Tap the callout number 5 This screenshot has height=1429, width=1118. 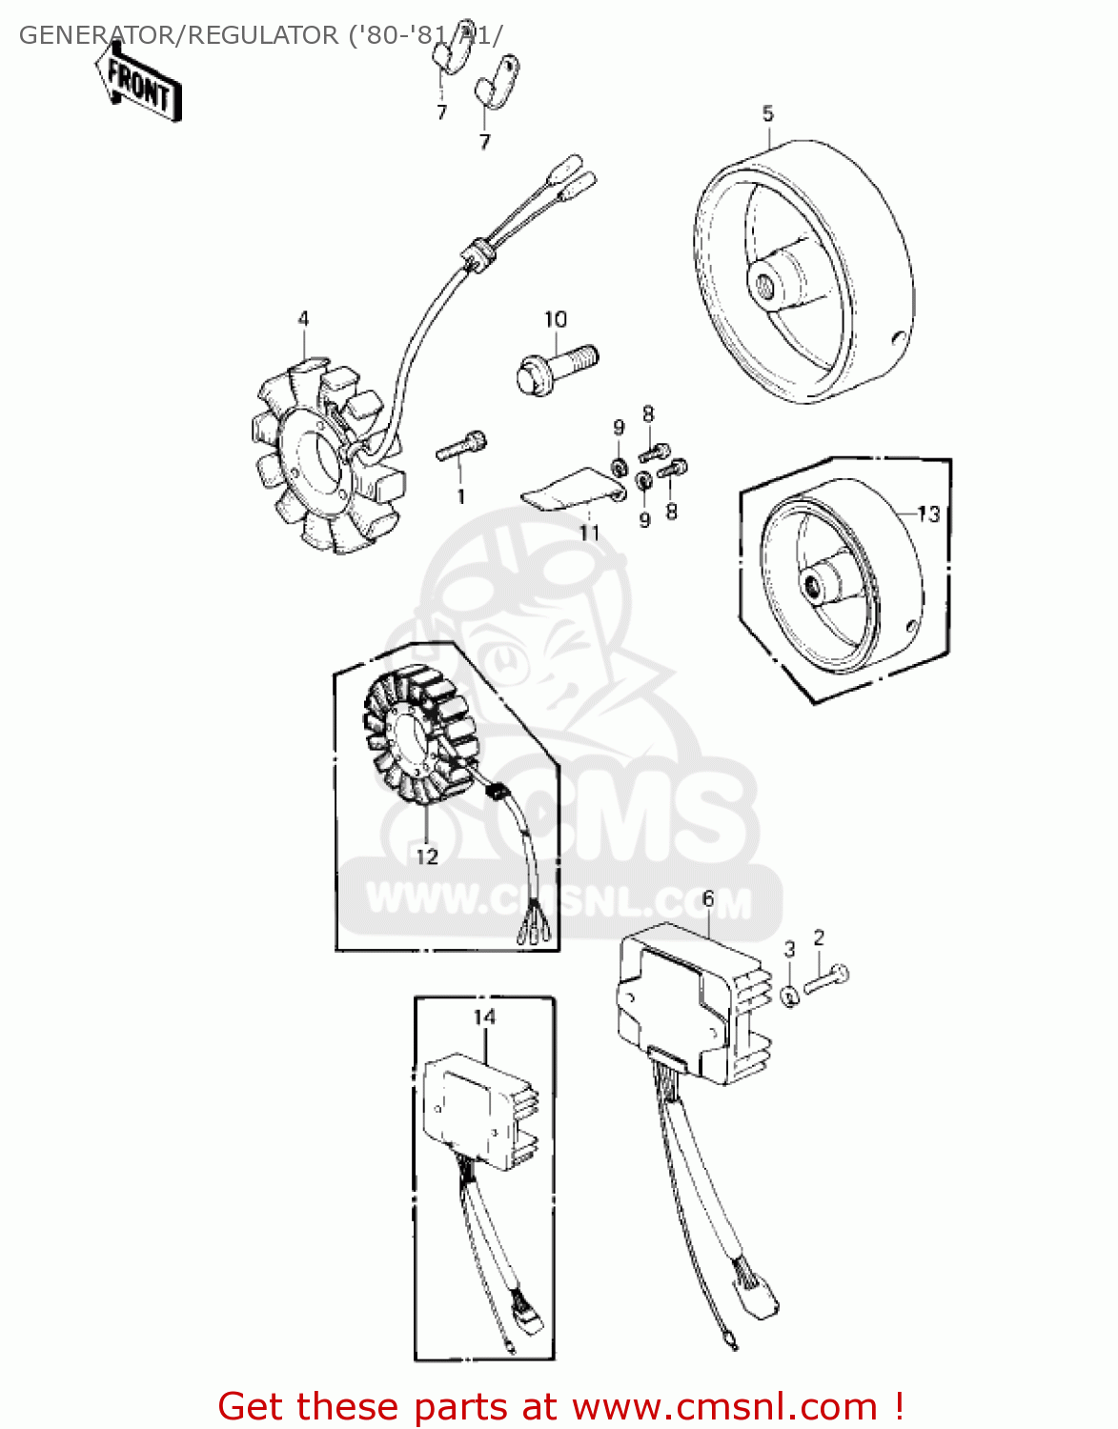(768, 113)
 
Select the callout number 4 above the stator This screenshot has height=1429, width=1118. (303, 319)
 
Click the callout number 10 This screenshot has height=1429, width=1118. (556, 319)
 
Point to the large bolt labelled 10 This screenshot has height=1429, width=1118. (558, 370)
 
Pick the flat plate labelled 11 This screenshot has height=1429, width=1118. (572, 490)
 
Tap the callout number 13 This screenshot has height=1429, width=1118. (928, 513)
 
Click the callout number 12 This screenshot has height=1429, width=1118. (427, 856)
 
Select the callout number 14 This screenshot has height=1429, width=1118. (485, 1017)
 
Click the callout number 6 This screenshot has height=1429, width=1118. (708, 898)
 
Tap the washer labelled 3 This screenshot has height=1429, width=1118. (790, 996)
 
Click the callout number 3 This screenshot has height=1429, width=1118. (789, 949)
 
